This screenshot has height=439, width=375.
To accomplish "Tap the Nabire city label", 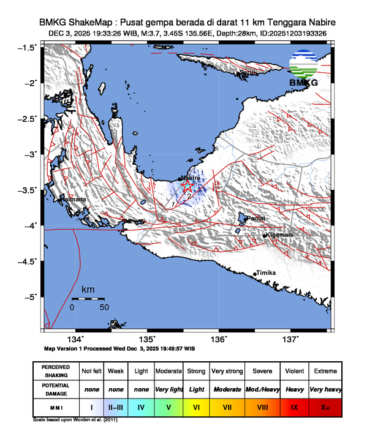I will (x=191, y=178).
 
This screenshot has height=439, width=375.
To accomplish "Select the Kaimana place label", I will (x=73, y=200).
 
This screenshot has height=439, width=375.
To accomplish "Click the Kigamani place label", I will (x=279, y=235).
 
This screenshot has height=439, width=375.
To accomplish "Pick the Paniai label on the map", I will (x=254, y=218).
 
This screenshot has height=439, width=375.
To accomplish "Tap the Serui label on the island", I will (x=247, y=72).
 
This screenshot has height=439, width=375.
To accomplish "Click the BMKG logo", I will (x=304, y=71).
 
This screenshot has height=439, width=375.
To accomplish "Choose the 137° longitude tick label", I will (x=290, y=339).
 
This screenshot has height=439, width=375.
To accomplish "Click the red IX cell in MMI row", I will (x=294, y=406).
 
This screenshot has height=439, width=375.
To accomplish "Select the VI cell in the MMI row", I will (x=197, y=406).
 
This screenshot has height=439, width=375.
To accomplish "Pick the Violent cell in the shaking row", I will (x=294, y=371).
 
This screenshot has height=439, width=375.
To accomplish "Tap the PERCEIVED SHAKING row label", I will (x=56, y=371).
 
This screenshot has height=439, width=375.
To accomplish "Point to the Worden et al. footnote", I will (x=75, y=421).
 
